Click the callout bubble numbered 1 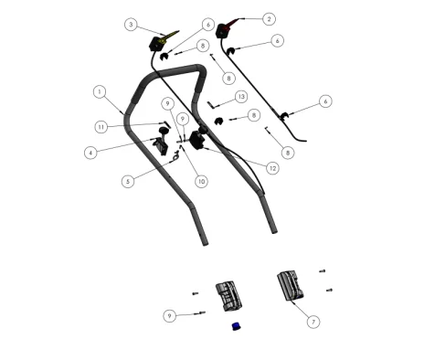100,91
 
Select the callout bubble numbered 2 269,19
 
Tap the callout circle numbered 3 131,25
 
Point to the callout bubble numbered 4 90,153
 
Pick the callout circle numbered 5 128,182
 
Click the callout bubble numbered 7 313,322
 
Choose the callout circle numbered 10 201,182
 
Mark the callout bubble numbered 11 101,127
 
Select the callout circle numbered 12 272,168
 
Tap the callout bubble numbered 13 241,97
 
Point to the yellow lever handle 171,35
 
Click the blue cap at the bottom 236,326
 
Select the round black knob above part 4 164,131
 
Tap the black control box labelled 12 197,140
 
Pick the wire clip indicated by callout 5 176,156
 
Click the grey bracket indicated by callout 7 290,285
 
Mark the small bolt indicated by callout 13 211,104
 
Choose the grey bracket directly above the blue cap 228,296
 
